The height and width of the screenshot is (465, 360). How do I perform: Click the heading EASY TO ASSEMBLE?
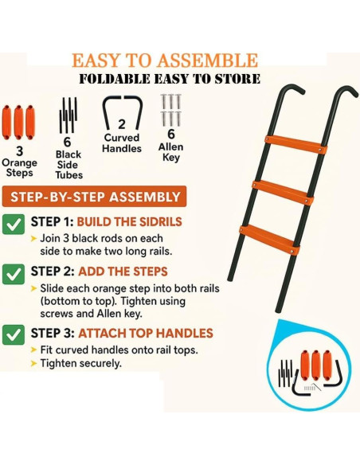[165, 61]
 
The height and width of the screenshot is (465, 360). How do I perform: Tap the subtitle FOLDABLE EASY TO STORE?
[169, 78]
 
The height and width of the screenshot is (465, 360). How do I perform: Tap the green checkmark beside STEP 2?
[14, 273]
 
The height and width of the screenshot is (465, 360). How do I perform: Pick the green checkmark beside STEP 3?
[14, 334]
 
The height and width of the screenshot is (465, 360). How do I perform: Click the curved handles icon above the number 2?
[121, 111]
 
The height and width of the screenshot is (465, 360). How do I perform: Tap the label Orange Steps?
[20, 161]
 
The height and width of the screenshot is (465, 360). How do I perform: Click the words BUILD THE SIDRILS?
[131, 222]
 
